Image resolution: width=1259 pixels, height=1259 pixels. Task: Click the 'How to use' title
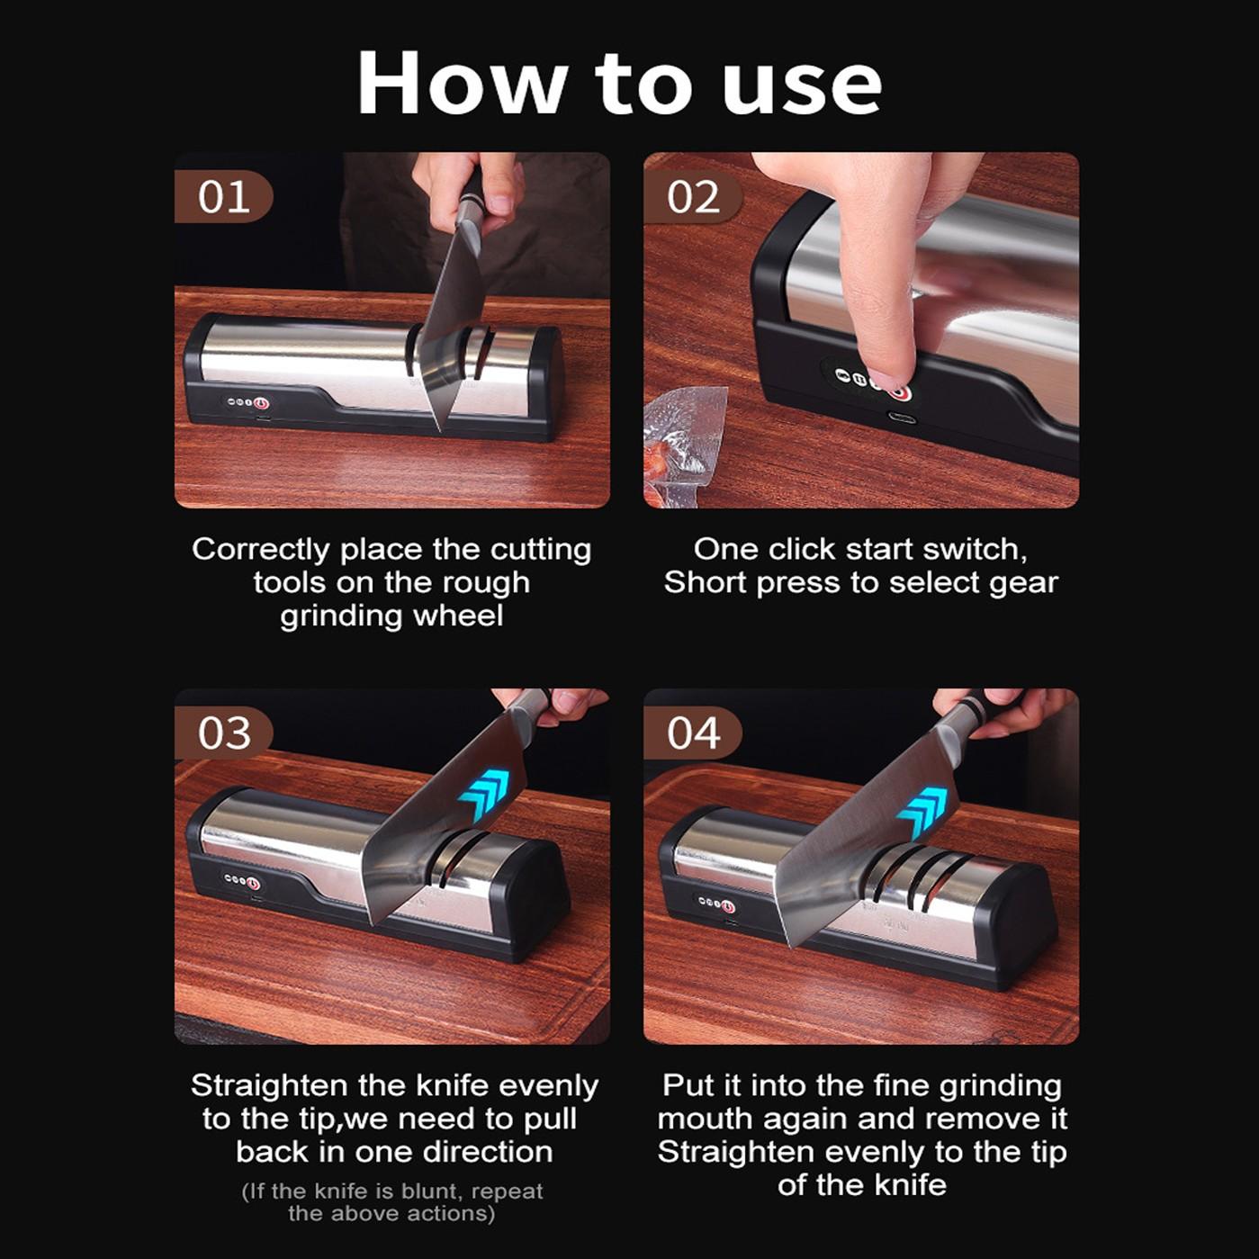click(619, 83)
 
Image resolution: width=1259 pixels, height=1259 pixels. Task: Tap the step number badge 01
click(223, 197)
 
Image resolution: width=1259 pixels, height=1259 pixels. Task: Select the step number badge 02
click(693, 197)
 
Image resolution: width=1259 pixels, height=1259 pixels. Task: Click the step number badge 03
click(224, 733)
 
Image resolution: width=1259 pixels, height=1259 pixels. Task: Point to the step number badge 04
click(693, 733)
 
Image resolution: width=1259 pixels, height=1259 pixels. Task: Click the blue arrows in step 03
click(490, 796)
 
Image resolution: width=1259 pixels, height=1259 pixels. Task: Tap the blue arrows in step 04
click(923, 813)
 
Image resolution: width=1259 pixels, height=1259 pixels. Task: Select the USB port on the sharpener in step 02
click(902, 418)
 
